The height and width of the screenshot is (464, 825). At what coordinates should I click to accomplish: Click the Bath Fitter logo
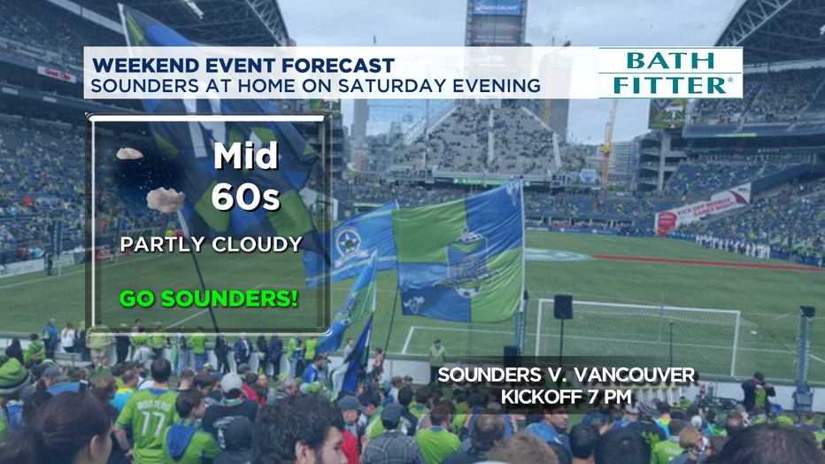tap(670, 73)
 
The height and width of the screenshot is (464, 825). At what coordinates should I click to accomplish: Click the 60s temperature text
tap(245, 197)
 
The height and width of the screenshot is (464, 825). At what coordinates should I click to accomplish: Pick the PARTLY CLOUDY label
tap(212, 244)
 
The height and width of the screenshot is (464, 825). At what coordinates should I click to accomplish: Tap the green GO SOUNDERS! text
tap(208, 298)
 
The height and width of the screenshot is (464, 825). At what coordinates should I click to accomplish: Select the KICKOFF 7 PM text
tap(567, 397)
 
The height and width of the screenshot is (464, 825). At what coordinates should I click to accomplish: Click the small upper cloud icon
tap(129, 153)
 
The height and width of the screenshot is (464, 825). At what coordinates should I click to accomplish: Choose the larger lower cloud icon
tap(166, 200)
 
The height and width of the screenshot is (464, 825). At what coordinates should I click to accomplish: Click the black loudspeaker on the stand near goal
tap(563, 306)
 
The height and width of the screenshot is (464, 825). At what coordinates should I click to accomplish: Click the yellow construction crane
tap(608, 141)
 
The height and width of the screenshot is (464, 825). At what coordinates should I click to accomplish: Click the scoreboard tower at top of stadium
tap(496, 22)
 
